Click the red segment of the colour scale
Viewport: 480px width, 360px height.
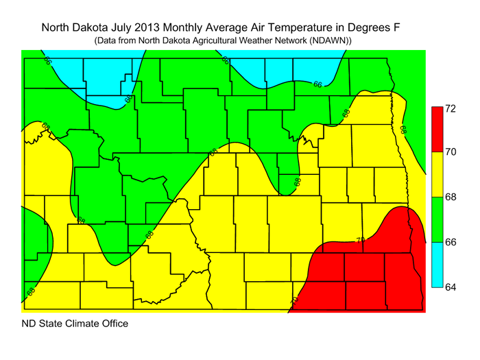pyautogui.click(x=435, y=129)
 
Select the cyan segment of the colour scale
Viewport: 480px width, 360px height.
pyautogui.click(x=435, y=265)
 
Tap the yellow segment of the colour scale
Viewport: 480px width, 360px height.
pyautogui.click(x=435, y=174)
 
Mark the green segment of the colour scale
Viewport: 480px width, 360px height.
pyautogui.click(x=435, y=219)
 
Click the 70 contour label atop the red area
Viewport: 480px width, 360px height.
pyautogui.click(x=360, y=240)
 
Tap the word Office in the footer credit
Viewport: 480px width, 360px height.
pyautogui.click(x=112, y=323)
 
